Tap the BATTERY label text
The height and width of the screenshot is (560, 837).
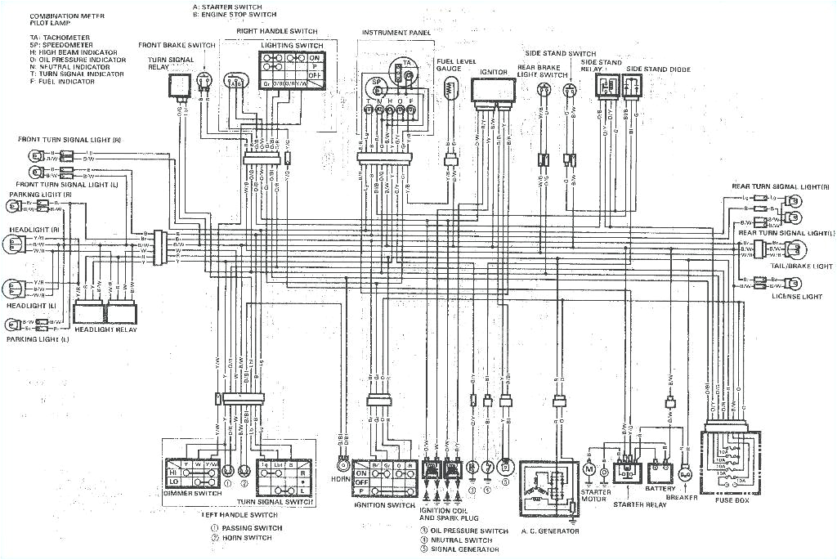point(660,489)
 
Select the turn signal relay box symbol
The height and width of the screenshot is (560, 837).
point(180,85)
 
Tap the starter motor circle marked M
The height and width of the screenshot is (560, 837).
point(590,470)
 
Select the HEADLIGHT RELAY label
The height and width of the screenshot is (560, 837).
point(106,329)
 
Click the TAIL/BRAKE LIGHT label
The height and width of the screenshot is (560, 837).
point(801,266)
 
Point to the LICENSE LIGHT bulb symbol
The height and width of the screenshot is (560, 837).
point(792,284)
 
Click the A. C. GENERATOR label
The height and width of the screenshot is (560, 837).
point(549,531)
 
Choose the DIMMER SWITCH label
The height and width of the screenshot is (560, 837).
point(193,493)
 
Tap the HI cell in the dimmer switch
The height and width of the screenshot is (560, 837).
point(172,473)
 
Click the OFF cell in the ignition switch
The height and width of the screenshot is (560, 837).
point(362,482)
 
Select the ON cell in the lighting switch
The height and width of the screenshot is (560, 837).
point(315,59)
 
